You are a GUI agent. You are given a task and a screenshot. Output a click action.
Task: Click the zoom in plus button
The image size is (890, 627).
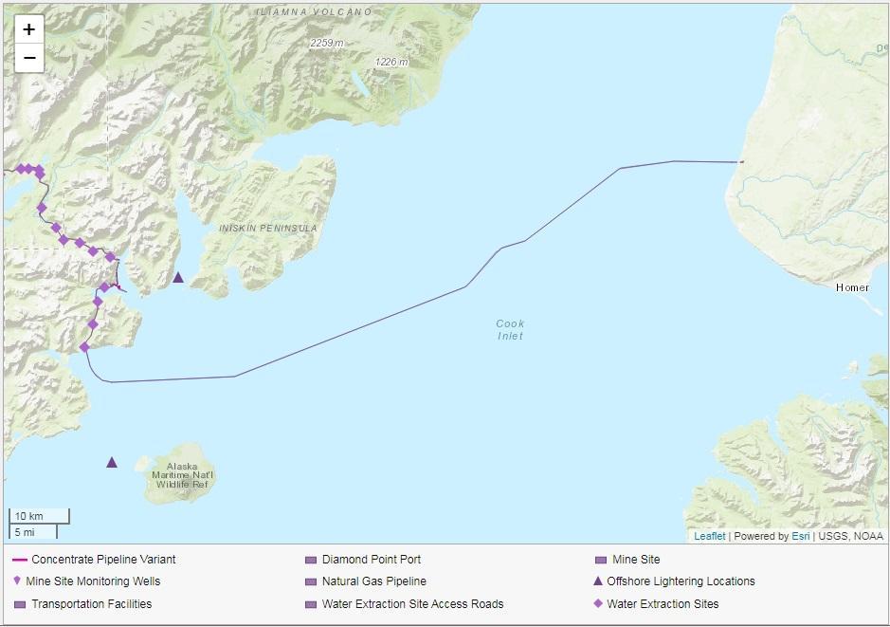[x=29, y=29]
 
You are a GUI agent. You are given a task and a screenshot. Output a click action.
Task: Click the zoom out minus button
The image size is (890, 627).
[x=29, y=58]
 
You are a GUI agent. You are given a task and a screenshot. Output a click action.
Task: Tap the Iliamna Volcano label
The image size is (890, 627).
[x=314, y=11]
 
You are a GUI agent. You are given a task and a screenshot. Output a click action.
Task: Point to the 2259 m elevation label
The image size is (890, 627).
[x=327, y=43]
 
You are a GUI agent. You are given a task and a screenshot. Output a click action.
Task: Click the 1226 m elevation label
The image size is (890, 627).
[x=391, y=62]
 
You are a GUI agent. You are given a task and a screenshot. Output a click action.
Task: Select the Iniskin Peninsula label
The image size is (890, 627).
[x=268, y=229]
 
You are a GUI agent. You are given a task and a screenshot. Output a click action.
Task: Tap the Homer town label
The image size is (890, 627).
[x=852, y=287]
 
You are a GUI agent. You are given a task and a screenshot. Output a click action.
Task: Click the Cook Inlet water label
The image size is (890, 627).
[x=510, y=329]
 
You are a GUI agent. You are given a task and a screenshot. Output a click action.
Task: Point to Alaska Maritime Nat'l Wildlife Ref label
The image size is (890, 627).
[x=186, y=475]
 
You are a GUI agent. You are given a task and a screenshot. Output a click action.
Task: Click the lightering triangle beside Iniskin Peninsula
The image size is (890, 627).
[x=178, y=277]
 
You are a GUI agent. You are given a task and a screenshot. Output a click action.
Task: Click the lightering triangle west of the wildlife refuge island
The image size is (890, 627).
[x=112, y=462]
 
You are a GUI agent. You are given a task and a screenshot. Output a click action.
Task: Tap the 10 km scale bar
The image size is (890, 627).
[x=38, y=516]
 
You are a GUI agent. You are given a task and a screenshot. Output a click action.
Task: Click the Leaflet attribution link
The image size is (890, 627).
[x=709, y=536]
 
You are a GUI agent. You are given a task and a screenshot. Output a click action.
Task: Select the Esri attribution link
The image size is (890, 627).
[x=800, y=536]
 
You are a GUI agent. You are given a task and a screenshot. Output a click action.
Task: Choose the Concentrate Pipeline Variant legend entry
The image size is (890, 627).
[x=102, y=560]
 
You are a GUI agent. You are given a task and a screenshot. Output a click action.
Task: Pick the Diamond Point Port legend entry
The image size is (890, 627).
[x=371, y=560]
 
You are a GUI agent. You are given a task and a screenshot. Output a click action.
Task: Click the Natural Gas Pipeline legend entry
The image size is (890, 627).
[x=373, y=581]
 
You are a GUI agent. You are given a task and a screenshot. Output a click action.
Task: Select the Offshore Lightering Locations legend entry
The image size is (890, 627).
[x=681, y=581]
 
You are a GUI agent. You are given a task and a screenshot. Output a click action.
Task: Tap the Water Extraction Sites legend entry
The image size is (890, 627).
[x=663, y=604]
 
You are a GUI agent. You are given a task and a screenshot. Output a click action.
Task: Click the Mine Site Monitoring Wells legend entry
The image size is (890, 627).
[x=93, y=581]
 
